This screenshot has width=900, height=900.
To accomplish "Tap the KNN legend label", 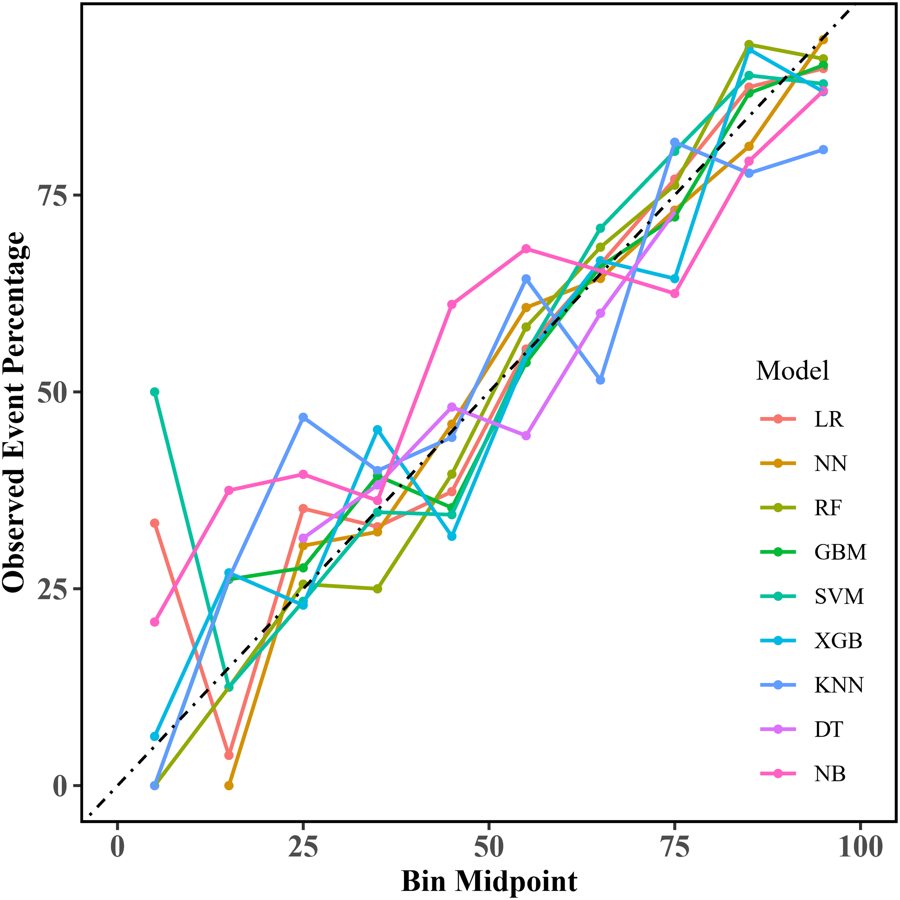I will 838,685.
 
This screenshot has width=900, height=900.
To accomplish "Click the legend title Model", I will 792,371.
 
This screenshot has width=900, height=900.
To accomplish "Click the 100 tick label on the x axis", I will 860,846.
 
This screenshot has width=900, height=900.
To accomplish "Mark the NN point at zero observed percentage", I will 229,786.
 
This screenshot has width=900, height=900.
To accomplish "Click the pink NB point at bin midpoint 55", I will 526,249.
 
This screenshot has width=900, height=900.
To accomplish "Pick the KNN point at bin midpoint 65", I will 600,380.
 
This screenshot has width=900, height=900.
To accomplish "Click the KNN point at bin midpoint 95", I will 823,149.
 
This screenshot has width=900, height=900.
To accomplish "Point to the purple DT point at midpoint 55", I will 526,436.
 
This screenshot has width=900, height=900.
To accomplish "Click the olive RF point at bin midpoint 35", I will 378,589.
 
